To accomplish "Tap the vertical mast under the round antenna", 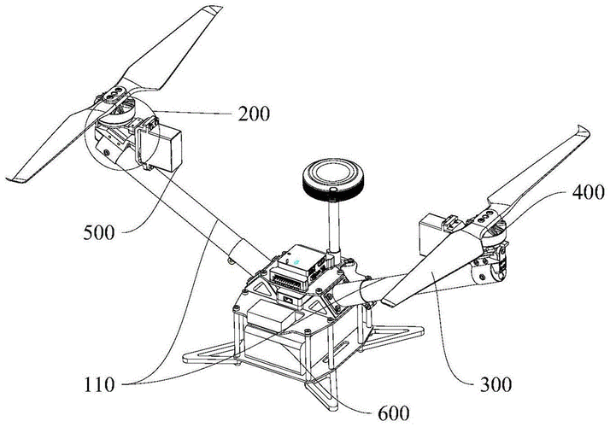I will pos(333,226).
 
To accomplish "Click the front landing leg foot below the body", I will pos(323,400).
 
